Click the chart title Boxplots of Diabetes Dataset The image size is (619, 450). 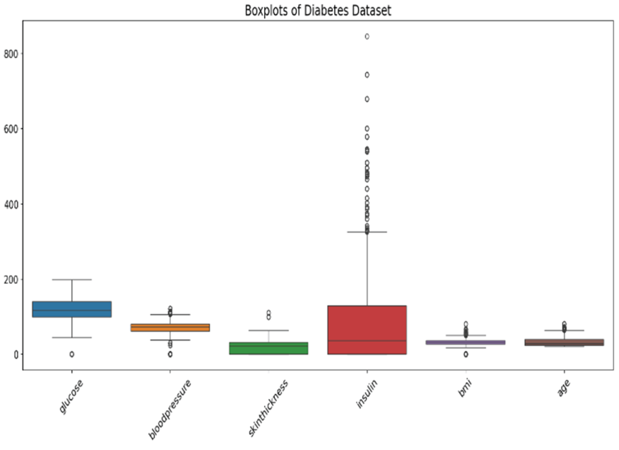[318, 10]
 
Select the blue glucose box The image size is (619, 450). [72, 309]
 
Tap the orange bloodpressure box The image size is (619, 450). [170, 328]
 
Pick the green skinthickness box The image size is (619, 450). [269, 348]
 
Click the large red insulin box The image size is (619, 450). [367, 330]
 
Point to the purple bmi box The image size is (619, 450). [466, 342]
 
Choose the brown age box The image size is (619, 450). [564, 342]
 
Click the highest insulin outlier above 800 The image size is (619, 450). [367, 37]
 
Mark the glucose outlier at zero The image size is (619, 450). [72, 354]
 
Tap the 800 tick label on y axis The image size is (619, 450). [11, 54]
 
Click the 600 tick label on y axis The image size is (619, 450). [11, 129]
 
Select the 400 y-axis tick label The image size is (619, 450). [11, 204]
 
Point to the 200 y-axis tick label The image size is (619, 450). [11, 279]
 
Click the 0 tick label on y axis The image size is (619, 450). [16, 355]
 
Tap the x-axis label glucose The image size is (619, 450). [71, 396]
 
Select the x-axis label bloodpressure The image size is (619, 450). [170, 409]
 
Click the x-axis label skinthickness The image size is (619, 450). [268, 408]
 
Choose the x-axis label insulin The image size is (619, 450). [367, 394]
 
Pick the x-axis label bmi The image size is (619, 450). [465, 388]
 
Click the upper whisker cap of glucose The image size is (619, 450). [72, 279]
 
